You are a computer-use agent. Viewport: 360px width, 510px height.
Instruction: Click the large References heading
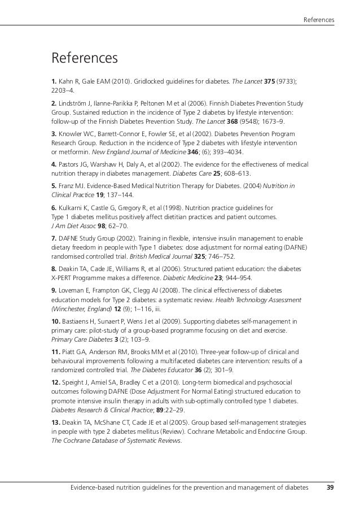pyautogui.click(x=85, y=58)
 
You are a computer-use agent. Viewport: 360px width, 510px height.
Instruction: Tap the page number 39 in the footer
pyautogui.click(x=330, y=487)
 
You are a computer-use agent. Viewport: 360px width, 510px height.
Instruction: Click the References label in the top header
pyautogui.click(x=319, y=21)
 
